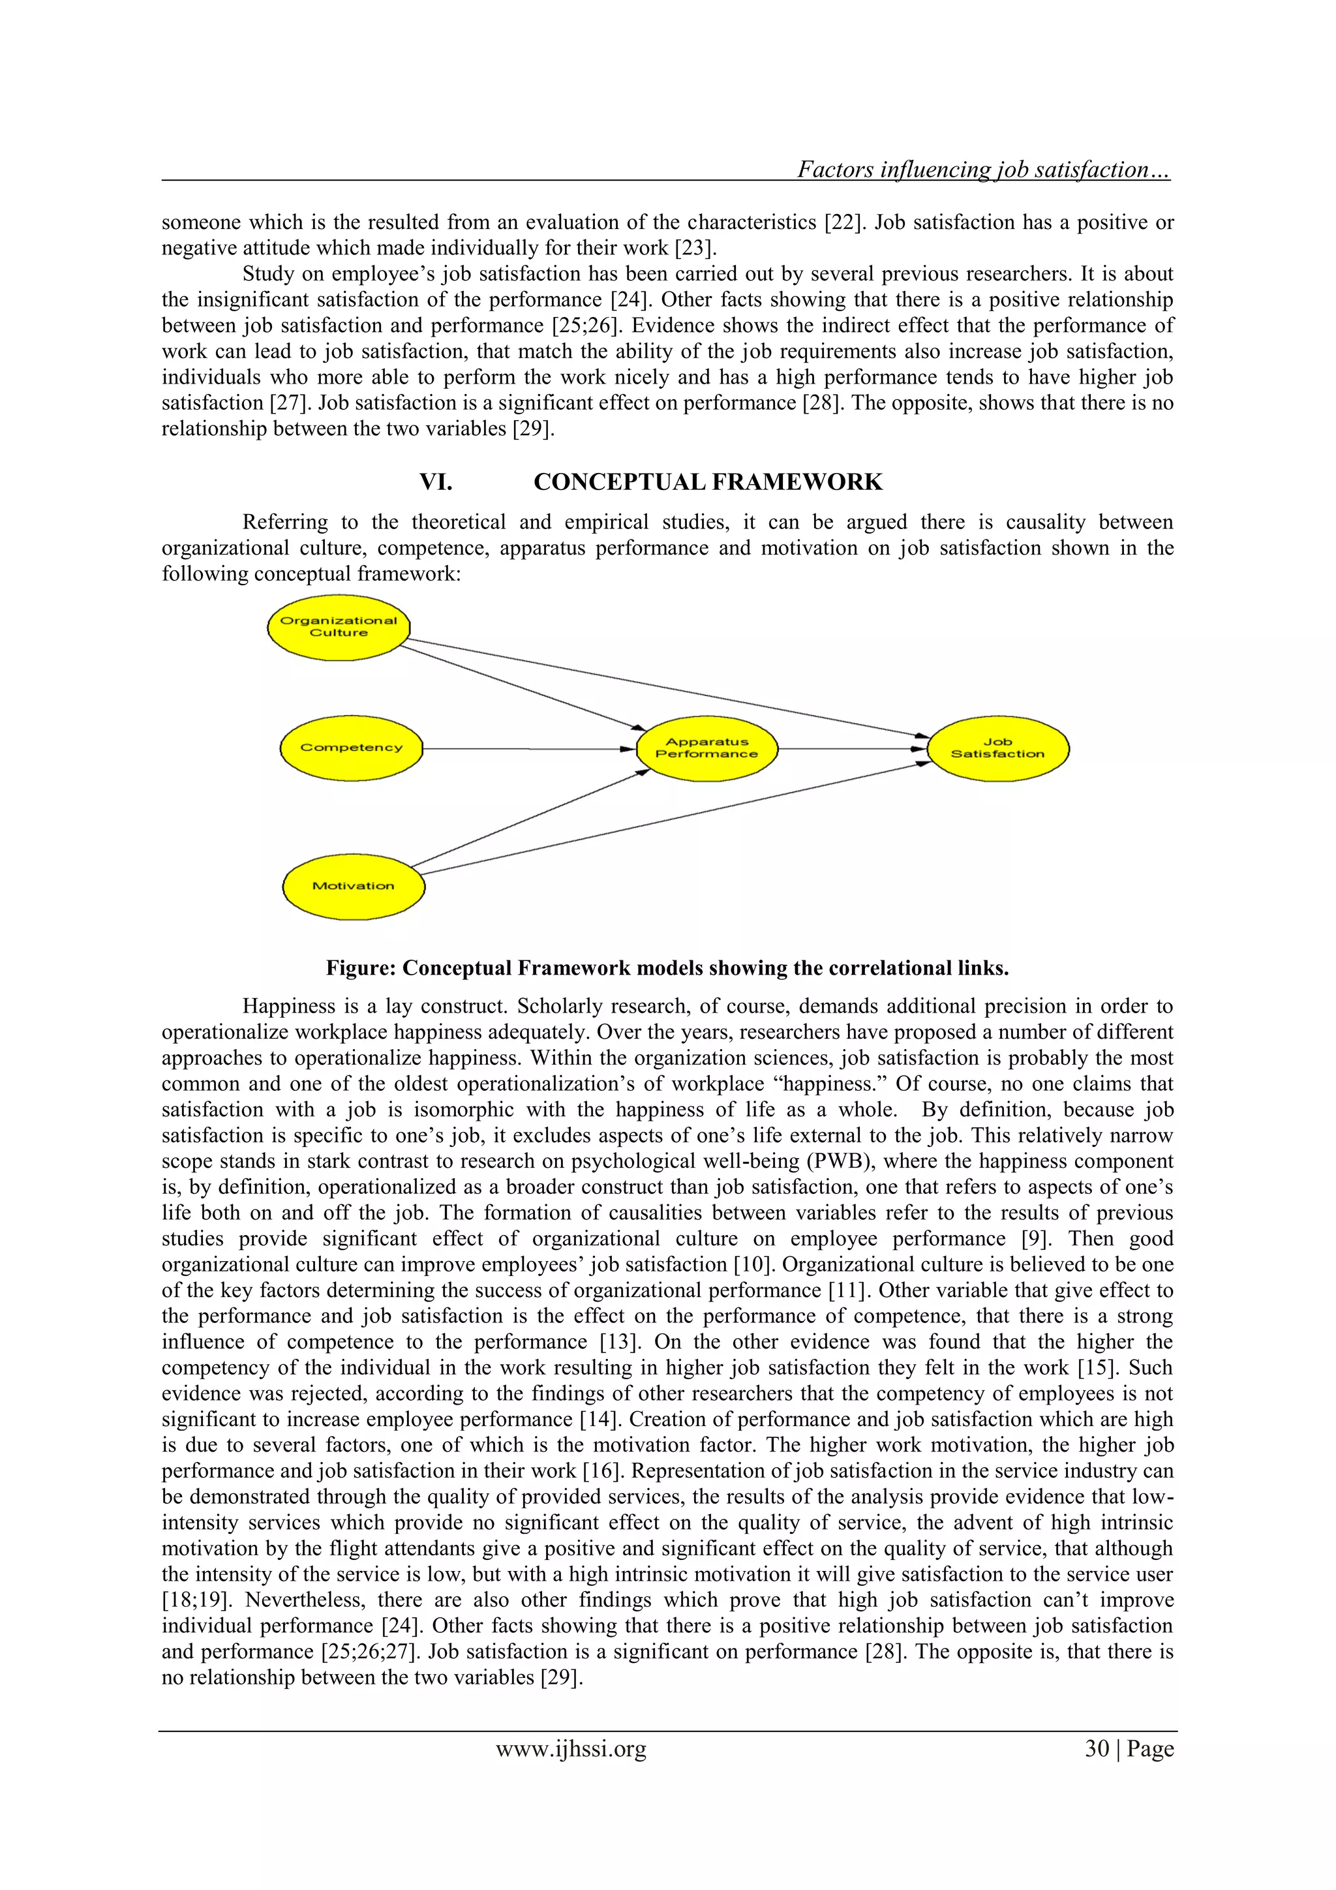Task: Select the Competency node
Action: (352, 748)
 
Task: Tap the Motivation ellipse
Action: (353, 886)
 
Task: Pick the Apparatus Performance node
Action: (706, 748)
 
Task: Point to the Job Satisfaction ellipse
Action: (997, 748)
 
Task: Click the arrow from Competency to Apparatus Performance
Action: (527, 749)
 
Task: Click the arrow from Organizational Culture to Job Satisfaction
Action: (667, 688)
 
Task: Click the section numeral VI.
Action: (436, 482)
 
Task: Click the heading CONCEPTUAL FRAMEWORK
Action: (708, 482)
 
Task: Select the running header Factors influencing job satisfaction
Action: (983, 170)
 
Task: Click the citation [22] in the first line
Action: (842, 223)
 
